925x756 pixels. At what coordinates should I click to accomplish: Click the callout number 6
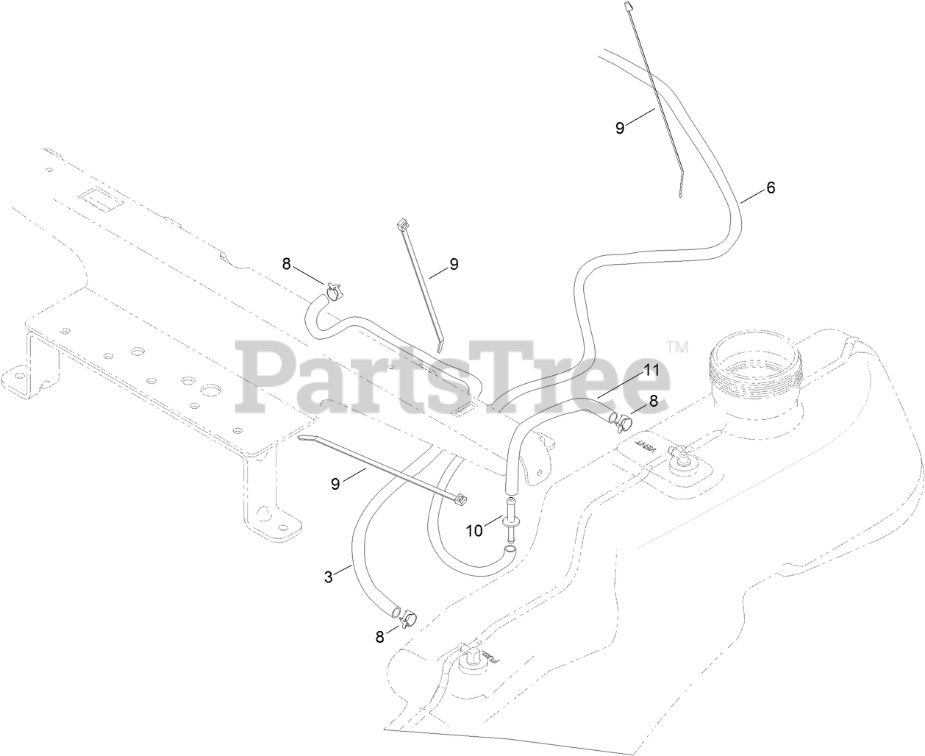771,188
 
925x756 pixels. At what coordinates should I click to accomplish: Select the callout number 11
651,371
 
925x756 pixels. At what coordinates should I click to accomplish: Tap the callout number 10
474,529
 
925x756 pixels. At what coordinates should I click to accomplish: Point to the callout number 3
328,577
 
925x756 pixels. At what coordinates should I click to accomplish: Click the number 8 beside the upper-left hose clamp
286,263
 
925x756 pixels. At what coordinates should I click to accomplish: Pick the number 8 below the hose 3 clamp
379,638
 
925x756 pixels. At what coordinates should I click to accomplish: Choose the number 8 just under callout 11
652,402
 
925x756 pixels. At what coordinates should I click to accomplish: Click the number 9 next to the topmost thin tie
620,127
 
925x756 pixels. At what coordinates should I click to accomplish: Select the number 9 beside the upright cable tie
454,264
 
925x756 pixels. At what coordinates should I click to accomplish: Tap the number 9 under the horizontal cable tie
336,483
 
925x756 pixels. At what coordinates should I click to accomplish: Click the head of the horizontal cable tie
461,500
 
